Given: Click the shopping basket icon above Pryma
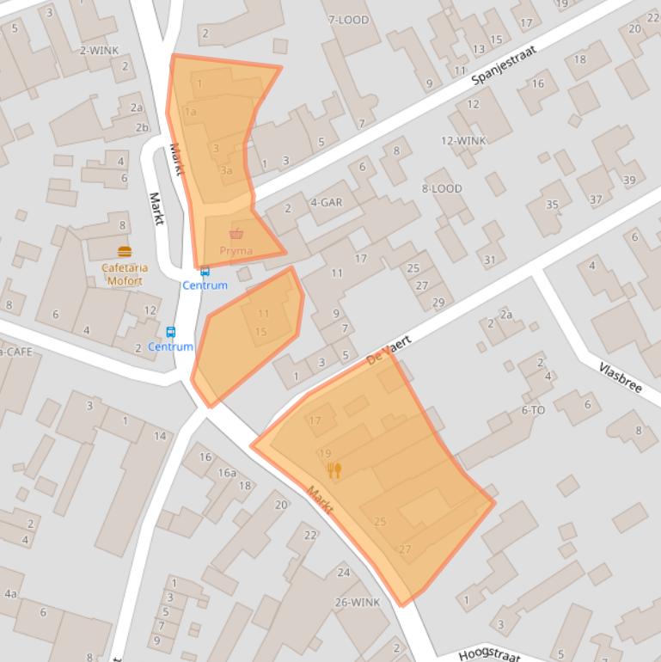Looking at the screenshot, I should coord(236,234).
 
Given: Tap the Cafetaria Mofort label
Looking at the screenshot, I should coord(125,273).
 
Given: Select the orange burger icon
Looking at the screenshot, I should coord(125,252).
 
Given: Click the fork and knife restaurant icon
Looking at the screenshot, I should coord(334,469).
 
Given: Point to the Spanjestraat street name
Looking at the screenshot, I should coord(504,66).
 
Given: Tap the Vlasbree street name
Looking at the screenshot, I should coord(621,377).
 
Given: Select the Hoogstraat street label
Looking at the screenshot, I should coord(489,654).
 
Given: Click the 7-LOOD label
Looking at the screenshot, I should coord(348,20).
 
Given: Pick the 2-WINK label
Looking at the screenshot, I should coord(99,50).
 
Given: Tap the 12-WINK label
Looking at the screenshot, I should coord(463,140).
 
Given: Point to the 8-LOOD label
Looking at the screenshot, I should coord(442,188).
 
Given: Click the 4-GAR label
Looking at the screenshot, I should coord(326,202).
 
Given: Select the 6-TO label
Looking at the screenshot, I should coord(533,410).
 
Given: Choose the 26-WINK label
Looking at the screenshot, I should coord(358,602).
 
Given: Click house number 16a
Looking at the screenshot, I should coord(226,472).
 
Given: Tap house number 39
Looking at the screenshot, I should coord(629,180).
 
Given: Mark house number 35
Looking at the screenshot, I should coord(552,205).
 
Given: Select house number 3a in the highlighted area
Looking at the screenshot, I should coord(226,170).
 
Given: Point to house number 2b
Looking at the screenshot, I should coord(141,127).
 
